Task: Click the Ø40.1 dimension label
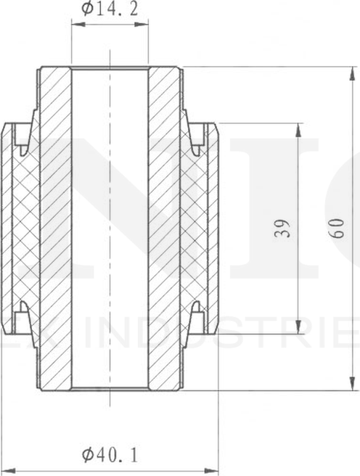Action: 110,455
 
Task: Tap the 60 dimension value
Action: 336,229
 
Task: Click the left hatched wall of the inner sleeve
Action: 55,229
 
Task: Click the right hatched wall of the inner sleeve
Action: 165,229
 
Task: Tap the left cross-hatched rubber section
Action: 25,229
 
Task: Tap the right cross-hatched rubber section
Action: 195,229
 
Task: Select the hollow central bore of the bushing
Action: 110,229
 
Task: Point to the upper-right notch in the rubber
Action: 197,138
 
